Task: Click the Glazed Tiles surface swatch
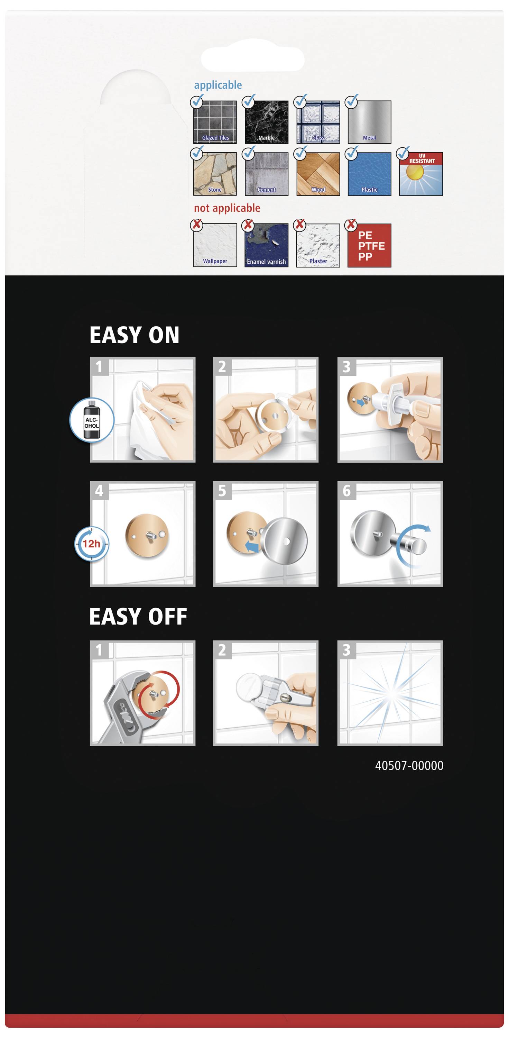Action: tap(215, 122)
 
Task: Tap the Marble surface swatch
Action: tap(267, 122)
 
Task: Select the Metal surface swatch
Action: tap(369, 122)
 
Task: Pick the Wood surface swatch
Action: tap(318, 174)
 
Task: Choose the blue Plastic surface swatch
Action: tap(369, 174)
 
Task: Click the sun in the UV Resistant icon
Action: tap(415, 172)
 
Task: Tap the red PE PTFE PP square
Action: tap(369, 245)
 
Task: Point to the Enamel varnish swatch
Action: tap(267, 245)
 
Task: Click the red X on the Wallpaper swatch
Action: tap(196, 224)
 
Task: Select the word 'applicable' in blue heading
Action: tap(218, 85)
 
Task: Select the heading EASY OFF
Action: tap(138, 617)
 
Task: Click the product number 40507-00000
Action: tap(409, 766)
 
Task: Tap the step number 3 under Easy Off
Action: tap(346, 650)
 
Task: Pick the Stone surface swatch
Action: tap(215, 174)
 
